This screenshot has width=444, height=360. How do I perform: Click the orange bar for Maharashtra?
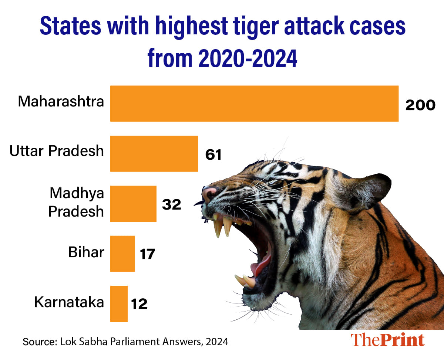tap(254, 103)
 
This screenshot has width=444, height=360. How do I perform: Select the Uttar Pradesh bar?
tap(154, 153)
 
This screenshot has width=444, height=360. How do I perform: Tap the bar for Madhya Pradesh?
tap(133, 204)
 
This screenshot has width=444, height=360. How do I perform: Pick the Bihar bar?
tap(122, 254)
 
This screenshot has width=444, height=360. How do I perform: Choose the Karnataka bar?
tap(119, 303)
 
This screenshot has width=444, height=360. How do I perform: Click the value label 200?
tap(420, 105)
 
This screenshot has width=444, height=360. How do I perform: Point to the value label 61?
tap(213, 155)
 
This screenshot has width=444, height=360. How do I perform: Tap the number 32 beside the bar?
tap(172, 205)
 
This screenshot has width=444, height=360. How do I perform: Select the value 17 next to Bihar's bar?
tap(147, 255)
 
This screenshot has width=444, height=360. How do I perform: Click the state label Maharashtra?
tap(61, 101)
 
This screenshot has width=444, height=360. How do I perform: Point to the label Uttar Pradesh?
tap(57, 151)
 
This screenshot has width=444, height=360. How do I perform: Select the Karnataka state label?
tap(69, 302)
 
